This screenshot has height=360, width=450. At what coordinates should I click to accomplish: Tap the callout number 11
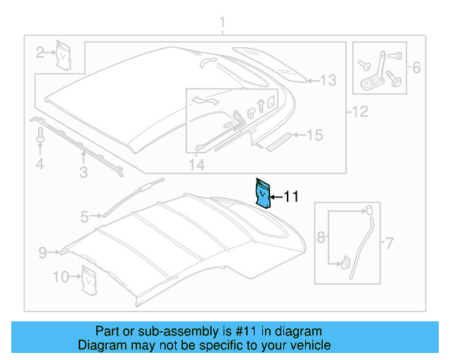[x=290, y=198]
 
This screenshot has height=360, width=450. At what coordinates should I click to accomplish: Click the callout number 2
[x=41, y=51]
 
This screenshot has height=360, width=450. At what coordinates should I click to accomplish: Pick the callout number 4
[x=40, y=165]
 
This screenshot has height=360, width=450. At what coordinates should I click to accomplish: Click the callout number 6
[x=416, y=68]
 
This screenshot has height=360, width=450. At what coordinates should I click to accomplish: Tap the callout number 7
[x=390, y=244]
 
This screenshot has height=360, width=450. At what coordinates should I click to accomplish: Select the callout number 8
[x=321, y=238]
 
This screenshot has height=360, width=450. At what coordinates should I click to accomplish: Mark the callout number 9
[x=42, y=251]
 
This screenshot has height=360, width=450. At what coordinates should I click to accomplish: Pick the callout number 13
[x=329, y=80]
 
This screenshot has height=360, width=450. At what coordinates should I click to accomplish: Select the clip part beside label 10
[x=89, y=278]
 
